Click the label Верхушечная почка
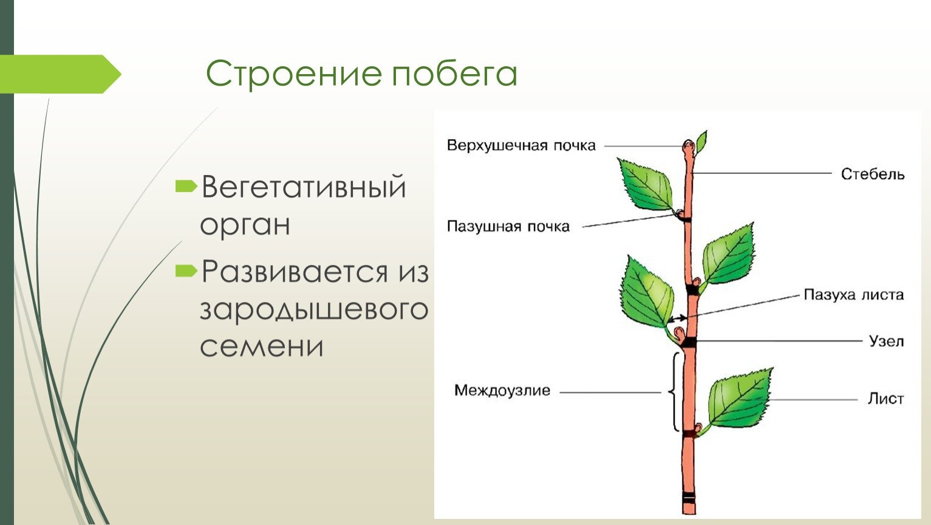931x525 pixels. pyautogui.click(x=521, y=146)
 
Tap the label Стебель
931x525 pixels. pyautogui.click(x=873, y=174)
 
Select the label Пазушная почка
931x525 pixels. pyautogui.click(x=508, y=226)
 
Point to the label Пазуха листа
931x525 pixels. pyautogui.click(x=854, y=295)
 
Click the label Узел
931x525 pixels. pyautogui.click(x=887, y=341)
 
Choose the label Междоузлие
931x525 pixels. pyautogui.click(x=502, y=391)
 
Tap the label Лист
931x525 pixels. pyautogui.click(x=885, y=399)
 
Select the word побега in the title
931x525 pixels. pyautogui.click(x=455, y=73)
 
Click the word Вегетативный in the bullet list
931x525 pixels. pyautogui.click(x=304, y=187)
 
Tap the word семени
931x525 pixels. pyautogui.click(x=261, y=346)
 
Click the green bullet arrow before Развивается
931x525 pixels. pyautogui.click(x=186, y=271)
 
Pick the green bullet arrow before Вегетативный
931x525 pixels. pyautogui.click(x=186, y=186)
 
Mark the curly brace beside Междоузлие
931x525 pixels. pyautogui.click(x=673, y=391)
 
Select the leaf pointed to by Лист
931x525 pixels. pyautogui.click(x=740, y=398)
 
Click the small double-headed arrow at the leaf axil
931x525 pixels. pyautogui.click(x=678, y=319)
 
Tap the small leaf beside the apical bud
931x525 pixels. pyautogui.click(x=701, y=142)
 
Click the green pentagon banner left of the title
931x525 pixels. pyautogui.click(x=60, y=74)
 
